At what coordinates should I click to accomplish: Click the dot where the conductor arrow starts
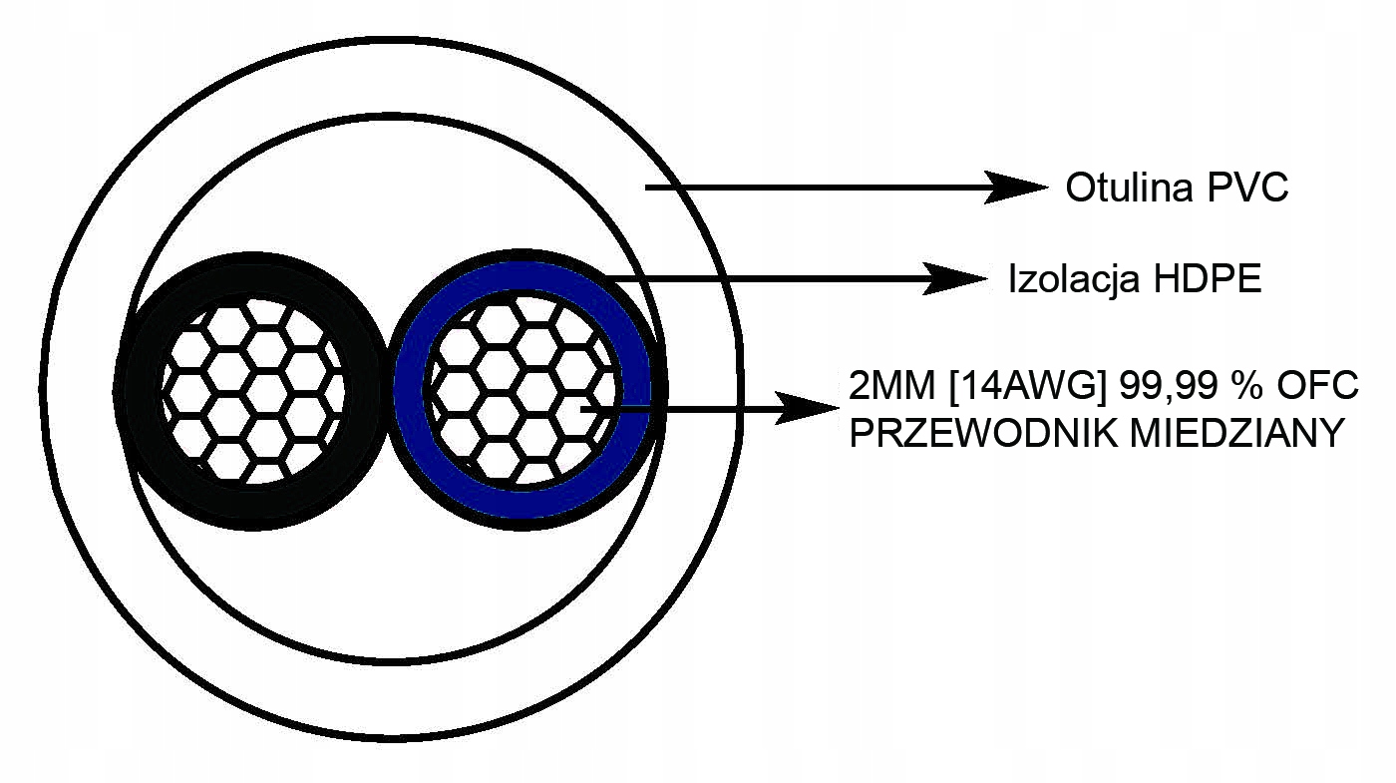(586, 407)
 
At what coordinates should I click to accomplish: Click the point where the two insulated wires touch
(386, 389)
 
